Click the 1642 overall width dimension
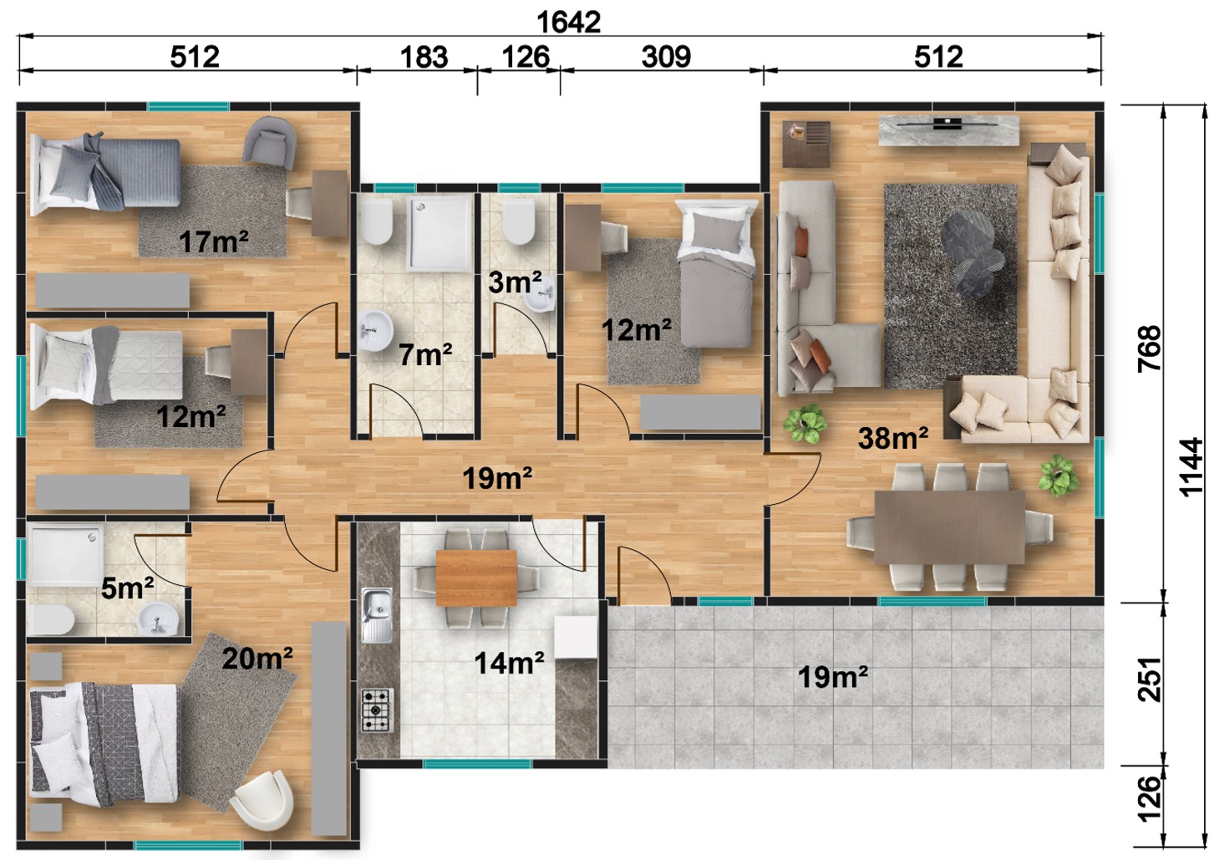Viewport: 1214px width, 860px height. click(x=568, y=23)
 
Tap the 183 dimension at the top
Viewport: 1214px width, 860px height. click(x=424, y=57)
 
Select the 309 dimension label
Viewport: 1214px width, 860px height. click(x=666, y=57)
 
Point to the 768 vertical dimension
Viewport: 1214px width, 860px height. click(x=1149, y=348)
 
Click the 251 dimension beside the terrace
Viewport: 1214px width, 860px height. click(x=1149, y=679)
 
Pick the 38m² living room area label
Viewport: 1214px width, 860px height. click(x=892, y=438)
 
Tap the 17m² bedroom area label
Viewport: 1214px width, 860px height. click(x=214, y=242)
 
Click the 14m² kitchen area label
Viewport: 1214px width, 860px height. click(x=509, y=663)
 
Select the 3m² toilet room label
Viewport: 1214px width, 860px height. click(x=515, y=282)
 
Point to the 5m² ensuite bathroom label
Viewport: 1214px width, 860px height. click(x=128, y=588)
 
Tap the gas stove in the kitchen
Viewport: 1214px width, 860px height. click(x=377, y=710)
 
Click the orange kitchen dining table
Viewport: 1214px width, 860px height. click(x=476, y=578)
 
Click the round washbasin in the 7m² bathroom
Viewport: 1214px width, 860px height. click(x=376, y=329)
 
